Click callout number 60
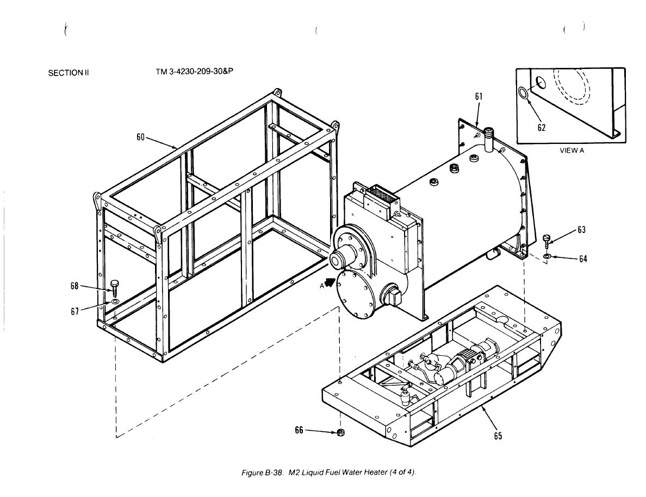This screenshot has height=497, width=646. click(141, 137)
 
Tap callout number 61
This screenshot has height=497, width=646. click(479, 97)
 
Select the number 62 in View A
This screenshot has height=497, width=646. click(542, 128)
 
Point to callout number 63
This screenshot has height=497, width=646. click(581, 230)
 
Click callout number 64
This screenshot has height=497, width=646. click(582, 259)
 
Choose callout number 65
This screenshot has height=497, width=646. click(498, 436)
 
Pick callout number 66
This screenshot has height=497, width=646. click(299, 430)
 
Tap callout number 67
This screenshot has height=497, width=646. click(74, 311)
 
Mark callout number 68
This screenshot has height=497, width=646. click(74, 286)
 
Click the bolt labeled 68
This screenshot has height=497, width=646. click(115, 288)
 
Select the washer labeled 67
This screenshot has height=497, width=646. click(115, 303)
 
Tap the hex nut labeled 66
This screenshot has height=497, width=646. click(341, 432)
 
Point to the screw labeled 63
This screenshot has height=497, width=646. click(546, 241)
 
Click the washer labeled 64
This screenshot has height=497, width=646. click(546, 257)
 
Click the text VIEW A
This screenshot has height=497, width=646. click(572, 150)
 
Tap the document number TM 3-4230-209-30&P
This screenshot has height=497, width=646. click(195, 72)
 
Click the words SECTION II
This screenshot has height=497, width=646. click(69, 73)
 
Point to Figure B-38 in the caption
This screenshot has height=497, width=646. click(263, 473)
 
